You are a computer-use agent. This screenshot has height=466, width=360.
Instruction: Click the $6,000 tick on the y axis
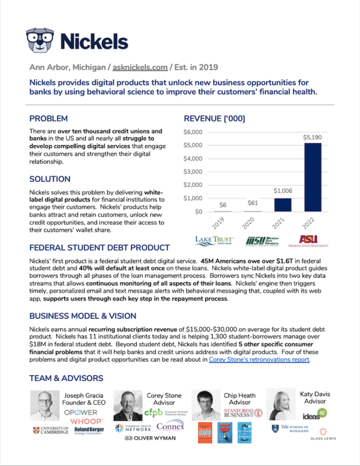click(193, 132)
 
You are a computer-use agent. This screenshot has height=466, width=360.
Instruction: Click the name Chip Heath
click(239, 395)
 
